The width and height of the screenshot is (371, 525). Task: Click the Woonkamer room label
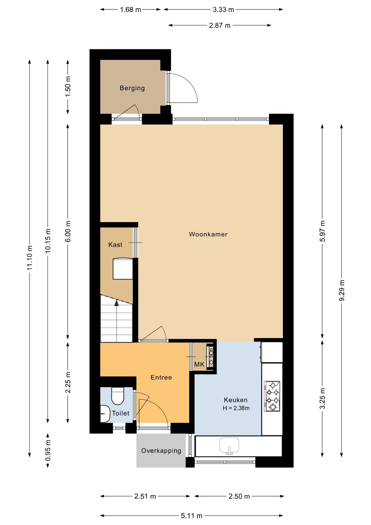click(208, 234)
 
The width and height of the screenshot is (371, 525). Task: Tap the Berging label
click(132, 88)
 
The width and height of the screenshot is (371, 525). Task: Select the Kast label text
click(115, 245)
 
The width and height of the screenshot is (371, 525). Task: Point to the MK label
click(200, 364)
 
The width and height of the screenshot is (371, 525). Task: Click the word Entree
click(161, 377)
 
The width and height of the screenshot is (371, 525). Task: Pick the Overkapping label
click(161, 451)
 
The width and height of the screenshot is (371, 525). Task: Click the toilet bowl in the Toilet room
click(117, 396)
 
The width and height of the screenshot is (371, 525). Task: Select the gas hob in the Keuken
click(272, 396)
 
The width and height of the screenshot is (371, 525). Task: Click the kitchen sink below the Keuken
click(229, 446)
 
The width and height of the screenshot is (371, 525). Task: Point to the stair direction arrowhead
click(116, 303)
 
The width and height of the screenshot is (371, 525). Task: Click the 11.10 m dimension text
click(30, 257)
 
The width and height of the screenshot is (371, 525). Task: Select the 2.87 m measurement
click(220, 25)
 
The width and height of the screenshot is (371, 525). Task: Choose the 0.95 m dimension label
click(48, 450)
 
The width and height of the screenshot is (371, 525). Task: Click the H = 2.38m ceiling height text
click(236, 408)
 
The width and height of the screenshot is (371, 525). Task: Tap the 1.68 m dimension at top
click(131, 10)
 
